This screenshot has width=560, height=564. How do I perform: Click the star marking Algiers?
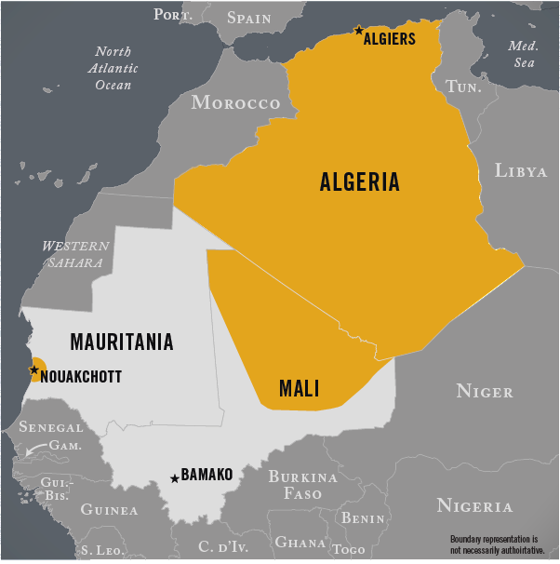[358, 31]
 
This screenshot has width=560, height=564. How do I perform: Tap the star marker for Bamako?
[174, 479]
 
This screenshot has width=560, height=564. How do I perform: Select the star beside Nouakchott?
[34, 370]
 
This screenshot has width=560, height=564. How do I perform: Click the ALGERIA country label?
[359, 181]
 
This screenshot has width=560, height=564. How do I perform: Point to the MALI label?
[299, 388]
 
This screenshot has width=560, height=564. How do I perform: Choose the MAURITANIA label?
[122, 342]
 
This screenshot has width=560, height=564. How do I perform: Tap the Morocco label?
[235, 102]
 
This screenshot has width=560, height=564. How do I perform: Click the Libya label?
[521, 170]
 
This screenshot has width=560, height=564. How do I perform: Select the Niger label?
[484, 392]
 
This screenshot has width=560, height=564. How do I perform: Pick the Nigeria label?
[474, 506]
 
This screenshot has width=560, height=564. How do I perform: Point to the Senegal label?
[51, 428]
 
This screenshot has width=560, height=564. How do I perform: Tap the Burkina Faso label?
[302, 485]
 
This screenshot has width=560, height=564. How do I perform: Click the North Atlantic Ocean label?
[113, 68]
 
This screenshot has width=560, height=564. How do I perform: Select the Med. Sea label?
[523, 54]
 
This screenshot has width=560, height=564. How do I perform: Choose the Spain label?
[249, 18]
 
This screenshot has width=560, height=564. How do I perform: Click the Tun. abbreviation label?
[463, 86]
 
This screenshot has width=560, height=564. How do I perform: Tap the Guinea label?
[109, 509]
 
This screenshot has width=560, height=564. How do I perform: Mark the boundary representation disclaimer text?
[496, 545]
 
